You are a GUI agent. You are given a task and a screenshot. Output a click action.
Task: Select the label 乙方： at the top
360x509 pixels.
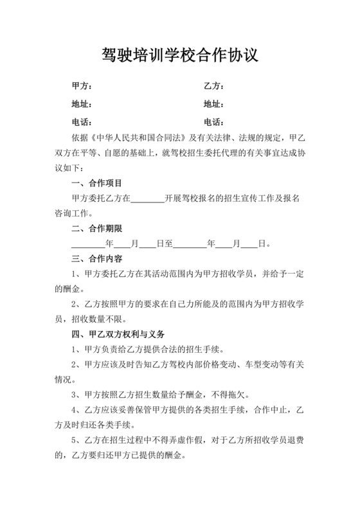pos(213,86)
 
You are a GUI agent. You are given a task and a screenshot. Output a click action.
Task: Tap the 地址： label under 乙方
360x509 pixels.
pos(213,104)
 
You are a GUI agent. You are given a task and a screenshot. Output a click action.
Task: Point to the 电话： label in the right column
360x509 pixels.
pos(213,122)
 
